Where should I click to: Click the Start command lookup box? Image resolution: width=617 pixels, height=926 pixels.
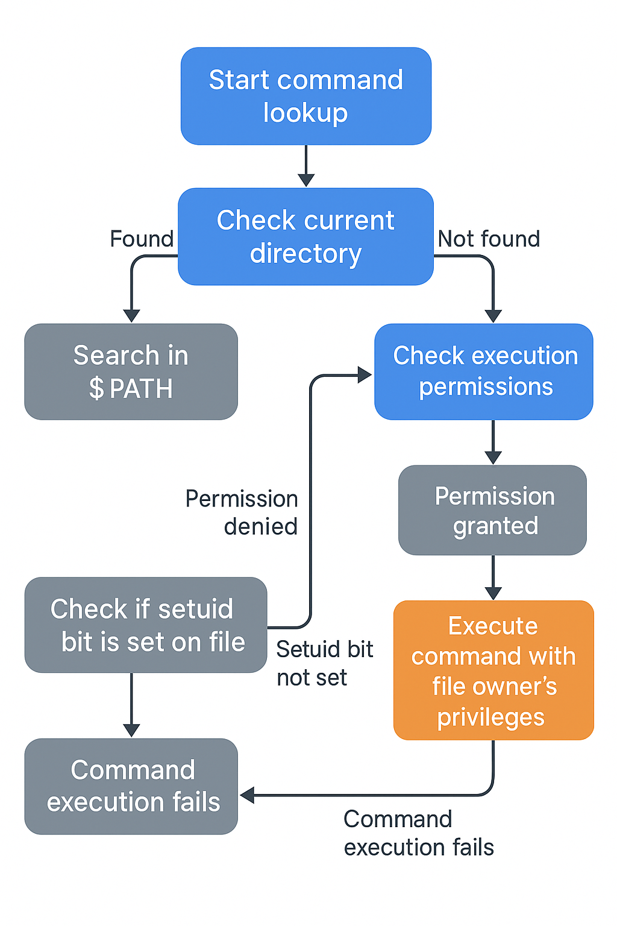[306, 96]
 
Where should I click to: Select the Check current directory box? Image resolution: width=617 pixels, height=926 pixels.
[306, 236]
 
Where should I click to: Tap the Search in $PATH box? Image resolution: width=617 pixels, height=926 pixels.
[131, 372]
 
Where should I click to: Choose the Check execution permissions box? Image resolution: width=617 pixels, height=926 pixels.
[484, 371]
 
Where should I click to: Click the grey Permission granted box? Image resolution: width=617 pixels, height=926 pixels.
[492, 510]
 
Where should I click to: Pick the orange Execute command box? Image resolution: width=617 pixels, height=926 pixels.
[493, 670]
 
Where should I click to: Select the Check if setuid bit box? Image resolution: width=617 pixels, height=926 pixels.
[145, 625]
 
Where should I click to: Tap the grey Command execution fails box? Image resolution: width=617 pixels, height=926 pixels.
[131, 786]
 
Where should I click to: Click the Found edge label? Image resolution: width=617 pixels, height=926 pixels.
[142, 239]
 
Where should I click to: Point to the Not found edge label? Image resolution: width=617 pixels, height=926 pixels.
[489, 239]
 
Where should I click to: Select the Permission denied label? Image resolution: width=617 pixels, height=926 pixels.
[242, 512]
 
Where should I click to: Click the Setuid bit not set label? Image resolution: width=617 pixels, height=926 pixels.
[324, 663]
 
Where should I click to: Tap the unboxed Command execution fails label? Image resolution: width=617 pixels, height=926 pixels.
[418, 833]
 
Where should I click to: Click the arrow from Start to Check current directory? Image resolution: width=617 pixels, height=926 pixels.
[306, 166]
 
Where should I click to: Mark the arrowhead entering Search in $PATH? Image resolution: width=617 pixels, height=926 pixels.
[131, 316]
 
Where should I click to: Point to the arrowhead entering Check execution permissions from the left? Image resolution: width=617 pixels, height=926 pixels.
[364, 375]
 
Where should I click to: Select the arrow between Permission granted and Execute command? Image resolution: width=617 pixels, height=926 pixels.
[493, 577]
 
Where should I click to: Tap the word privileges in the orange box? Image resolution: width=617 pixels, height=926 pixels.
[490, 717]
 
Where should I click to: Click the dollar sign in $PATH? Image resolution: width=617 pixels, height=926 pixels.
[96, 388]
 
